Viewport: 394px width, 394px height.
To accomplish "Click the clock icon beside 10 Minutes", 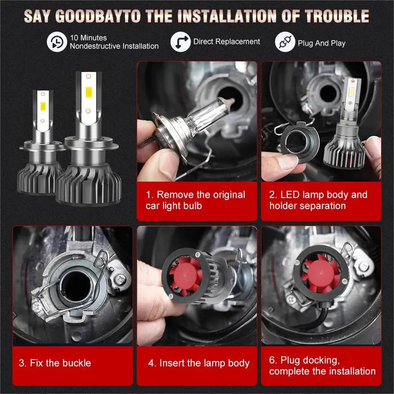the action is coord(57,42).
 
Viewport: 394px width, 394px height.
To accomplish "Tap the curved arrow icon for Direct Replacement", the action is coord(180,42).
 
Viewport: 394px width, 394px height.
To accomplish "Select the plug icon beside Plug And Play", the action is coord(285,42).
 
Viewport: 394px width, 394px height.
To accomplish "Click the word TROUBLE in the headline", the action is coord(337,16).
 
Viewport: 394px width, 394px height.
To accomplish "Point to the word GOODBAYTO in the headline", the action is coord(98,16).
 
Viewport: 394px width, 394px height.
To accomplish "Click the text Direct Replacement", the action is coord(226,41).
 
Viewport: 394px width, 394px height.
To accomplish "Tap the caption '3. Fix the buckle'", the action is coord(55,363).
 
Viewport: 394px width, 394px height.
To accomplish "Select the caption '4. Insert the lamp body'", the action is coord(199,363).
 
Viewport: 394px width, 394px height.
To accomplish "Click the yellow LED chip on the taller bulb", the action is coord(88,92).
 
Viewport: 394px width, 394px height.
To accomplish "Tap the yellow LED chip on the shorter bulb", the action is coord(43,106).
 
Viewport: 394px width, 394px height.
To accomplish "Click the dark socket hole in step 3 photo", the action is coord(75,286).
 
